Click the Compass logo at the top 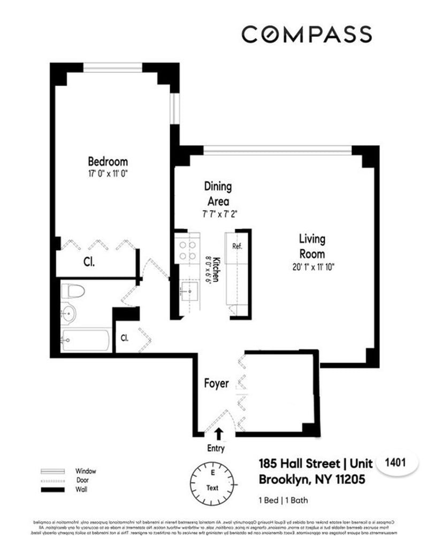[x=306, y=34]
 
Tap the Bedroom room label [x=108, y=161]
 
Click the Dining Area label [x=218, y=194]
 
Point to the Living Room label [x=311, y=246]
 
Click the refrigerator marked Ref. [x=238, y=247]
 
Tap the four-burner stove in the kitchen [x=187, y=250]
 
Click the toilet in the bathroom [x=73, y=292]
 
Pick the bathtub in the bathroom [x=86, y=340]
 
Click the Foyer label [x=217, y=383]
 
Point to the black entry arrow [x=218, y=433]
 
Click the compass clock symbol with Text [x=212, y=480]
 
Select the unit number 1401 [x=397, y=464]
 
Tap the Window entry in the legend [x=85, y=471]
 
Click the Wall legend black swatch [x=52, y=489]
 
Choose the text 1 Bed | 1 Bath [x=283, y=501]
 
